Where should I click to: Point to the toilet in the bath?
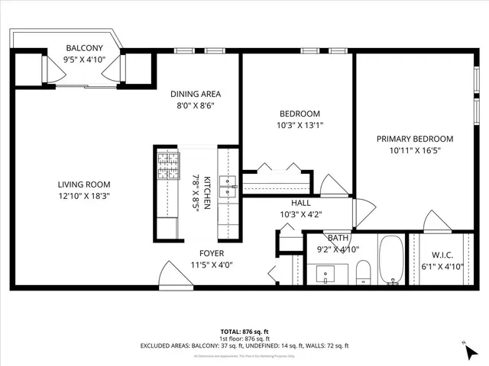(364, 271)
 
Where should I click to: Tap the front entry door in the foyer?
(170, 273)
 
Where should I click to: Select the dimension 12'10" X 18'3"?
(84, 196)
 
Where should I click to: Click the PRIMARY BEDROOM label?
(415, 139)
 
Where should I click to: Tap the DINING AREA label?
(196, 94)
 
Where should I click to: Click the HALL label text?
(300, 204)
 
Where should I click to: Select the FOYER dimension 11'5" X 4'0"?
(210, 265)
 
